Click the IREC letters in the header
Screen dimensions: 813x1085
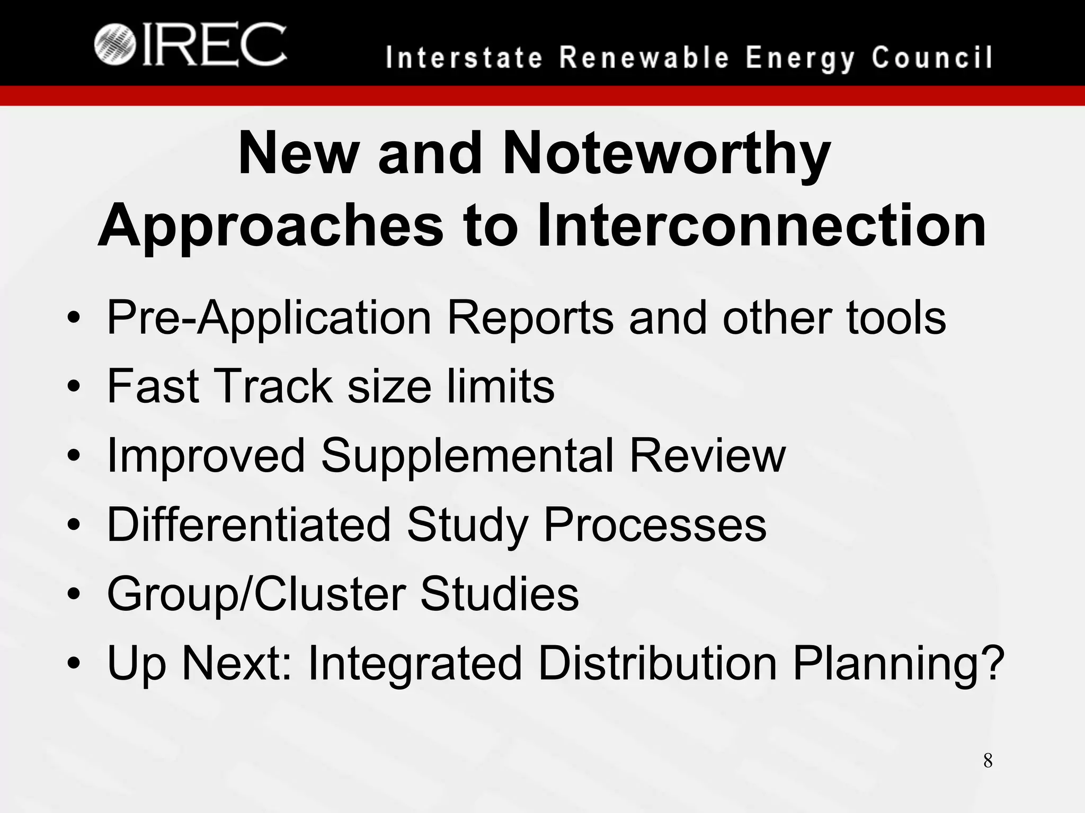[x=215, y=45]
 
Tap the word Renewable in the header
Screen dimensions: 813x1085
[x=645, y=58]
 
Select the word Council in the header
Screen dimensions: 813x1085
[x=932, y=58]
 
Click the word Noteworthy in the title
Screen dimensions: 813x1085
[x=666, y=154]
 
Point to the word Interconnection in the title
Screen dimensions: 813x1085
[x=761, y=226]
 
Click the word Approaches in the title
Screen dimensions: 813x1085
[x=270, y=226]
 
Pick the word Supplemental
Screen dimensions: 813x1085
[x=467, y=456]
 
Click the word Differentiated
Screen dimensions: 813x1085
[x=248, y=525]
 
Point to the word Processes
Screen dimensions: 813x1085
[x=655, y=525]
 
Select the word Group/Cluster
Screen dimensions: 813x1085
[x=256, y=594]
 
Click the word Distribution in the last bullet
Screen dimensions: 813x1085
[x=657, y=663]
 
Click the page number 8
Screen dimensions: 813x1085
[x=988, y=761]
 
